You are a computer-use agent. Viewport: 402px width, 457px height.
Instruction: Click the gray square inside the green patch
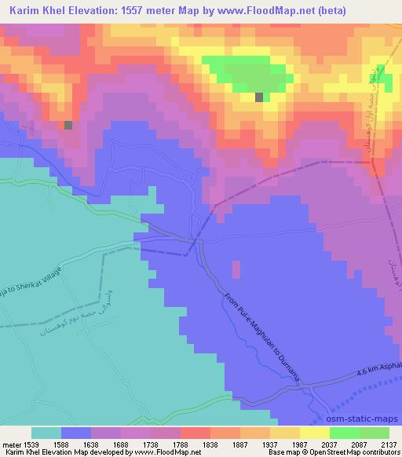[259, 97]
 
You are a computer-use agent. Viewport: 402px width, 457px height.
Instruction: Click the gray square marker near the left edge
[68, 125]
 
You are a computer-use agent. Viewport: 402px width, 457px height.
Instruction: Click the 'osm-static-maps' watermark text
[364, 420]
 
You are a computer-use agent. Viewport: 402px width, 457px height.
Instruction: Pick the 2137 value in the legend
[389, 445]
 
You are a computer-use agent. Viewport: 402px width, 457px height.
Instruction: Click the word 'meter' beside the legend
[12, 445]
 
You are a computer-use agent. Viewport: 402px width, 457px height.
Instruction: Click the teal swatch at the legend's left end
[46, 433]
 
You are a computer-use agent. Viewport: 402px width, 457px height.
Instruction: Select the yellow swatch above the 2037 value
[314, 433]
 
